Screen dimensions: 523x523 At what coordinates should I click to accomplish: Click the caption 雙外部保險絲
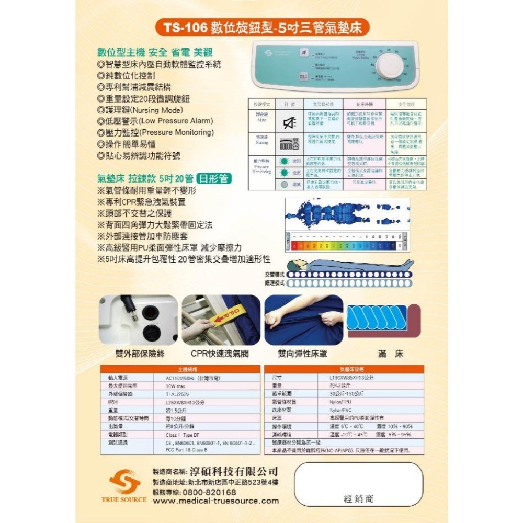pos(140,354)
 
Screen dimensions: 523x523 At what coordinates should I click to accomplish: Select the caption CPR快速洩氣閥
pos(220,354)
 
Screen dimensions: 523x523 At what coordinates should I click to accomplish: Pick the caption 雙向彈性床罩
pos(303,354)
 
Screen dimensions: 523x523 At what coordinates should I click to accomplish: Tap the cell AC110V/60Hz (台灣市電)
pos(188,377)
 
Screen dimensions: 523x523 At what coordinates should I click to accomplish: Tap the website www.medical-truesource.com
pos(216,501)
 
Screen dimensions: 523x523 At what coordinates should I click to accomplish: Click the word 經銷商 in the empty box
pos(359,499)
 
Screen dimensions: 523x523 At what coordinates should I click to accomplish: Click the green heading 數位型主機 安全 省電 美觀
pos(155,52)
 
